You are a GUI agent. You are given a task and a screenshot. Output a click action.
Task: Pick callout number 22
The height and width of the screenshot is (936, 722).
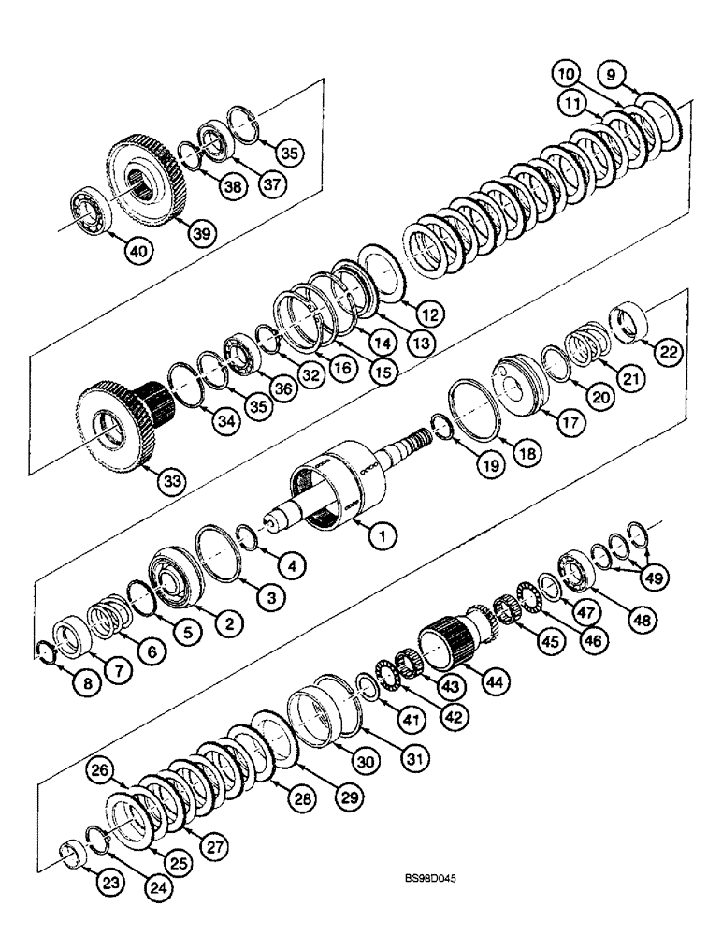point(669,350)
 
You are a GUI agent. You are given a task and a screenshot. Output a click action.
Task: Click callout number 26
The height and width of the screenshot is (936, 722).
point(98,770)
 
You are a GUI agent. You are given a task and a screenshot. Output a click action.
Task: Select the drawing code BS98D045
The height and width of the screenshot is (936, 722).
point(432,880)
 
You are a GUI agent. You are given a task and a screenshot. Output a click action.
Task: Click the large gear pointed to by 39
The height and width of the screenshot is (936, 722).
point(152,178)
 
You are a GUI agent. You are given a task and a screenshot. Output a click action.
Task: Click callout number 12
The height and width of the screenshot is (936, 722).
point(430,314)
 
